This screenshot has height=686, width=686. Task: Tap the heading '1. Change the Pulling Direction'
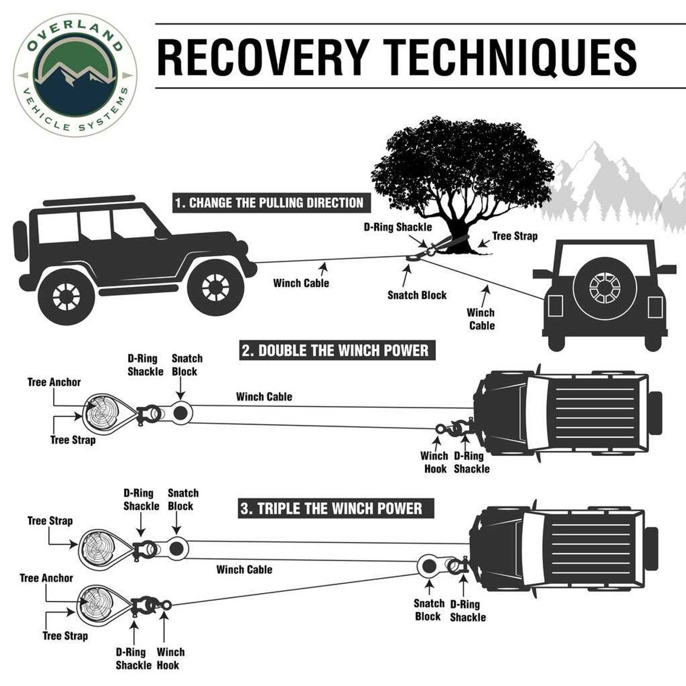[x=269, y=203]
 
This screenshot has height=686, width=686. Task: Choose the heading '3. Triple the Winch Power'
[x=332, y=508]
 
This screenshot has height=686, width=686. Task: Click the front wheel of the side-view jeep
[x=215, y=289]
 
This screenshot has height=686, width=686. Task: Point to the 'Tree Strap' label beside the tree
[x=514, y=236]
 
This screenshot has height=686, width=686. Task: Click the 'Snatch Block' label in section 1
[x=417, y=295]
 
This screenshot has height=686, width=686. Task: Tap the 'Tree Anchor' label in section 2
[x=54, y=383]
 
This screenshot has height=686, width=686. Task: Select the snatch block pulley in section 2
[x=180, y=413]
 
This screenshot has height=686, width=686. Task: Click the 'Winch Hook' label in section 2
[x=434, y=462]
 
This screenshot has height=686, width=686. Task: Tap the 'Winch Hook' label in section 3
[x=170, y=658]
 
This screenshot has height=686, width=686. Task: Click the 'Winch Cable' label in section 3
[x=244, y=570]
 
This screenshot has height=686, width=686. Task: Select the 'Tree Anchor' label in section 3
[x=46, y=578]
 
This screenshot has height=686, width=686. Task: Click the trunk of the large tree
[x=452, y=232]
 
